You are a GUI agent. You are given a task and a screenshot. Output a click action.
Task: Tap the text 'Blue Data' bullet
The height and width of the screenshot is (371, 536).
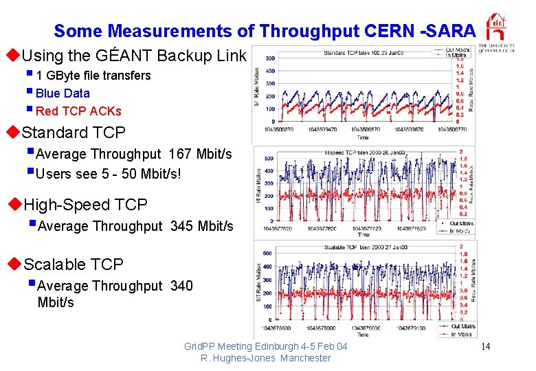62,93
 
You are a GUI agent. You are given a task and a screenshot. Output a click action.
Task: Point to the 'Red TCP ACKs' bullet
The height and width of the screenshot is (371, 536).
78,111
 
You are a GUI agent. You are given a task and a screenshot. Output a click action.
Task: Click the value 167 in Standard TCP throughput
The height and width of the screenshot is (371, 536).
180,155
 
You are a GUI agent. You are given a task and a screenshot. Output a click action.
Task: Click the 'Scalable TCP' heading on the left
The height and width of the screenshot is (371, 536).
74,265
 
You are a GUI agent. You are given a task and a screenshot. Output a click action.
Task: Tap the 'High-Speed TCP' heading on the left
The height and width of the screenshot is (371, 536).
85,205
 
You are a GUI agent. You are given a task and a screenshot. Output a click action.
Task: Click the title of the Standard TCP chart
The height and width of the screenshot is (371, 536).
363,53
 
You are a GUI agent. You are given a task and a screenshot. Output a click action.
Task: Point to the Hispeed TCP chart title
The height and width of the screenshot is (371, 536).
364,153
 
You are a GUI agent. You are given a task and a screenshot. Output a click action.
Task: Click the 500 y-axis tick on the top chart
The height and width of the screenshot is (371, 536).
270,58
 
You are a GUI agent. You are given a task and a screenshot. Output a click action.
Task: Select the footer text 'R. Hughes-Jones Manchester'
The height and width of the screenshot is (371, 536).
265,358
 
